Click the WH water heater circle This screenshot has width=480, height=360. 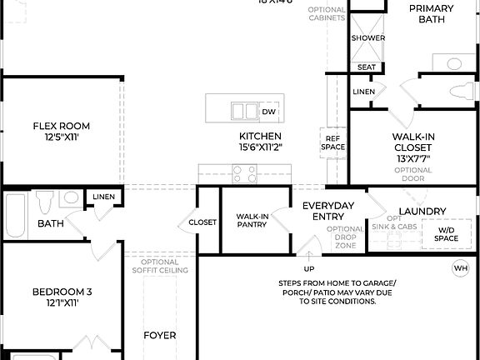461,268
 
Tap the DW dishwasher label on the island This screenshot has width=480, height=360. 268,112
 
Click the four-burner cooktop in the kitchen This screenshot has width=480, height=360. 244,174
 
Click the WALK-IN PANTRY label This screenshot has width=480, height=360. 252,221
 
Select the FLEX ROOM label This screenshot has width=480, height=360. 62,132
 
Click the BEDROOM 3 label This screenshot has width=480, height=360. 62,297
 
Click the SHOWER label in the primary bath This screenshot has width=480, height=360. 367,38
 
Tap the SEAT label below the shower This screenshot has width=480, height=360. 367,67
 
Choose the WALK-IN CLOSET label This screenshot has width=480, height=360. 412,147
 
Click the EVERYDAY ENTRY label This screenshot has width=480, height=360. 328,211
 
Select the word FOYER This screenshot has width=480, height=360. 160,335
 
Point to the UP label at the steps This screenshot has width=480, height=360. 309,269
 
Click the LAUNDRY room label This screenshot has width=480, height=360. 422,212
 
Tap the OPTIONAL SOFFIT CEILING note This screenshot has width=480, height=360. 160,266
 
